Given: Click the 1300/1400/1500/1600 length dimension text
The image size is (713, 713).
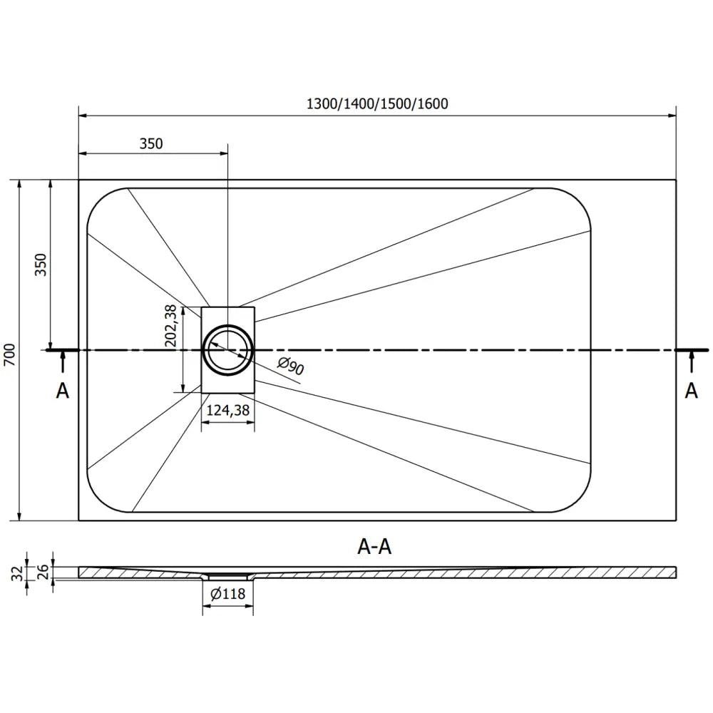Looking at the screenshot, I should (377, 104).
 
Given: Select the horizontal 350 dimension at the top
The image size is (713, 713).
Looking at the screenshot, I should (151, 143).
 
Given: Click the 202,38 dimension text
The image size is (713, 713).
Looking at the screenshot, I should (170, 326).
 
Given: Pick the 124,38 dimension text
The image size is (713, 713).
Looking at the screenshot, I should (228, 411).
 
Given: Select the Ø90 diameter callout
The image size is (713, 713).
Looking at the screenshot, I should (291, 366).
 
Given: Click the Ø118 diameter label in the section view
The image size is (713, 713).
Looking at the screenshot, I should (227, 593).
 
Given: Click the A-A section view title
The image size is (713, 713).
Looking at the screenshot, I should (375, 547).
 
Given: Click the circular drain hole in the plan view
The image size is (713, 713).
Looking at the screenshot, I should (227, 349).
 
